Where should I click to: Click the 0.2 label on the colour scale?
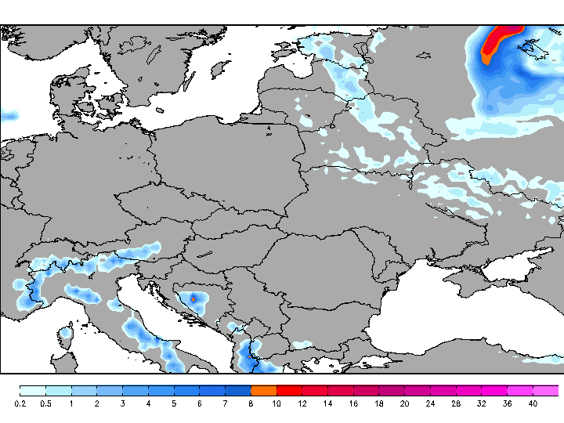click(x=20, y=403)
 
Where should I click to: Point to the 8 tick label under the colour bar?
click(x=251, y=403)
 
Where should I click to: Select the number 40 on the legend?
click(x=533, y=403)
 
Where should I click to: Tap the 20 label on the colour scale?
click(x=404, y=403)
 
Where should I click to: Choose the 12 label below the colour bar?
click(x=302, y=403)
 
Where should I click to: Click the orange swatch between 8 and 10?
click(x=264, y=390)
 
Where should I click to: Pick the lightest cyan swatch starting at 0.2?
click(x=33, y=390)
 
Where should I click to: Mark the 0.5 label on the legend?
click(x=45, y=403)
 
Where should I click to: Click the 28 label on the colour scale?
click(x=455, y=403)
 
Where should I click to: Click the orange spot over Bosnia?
click(x=193, y=298)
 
